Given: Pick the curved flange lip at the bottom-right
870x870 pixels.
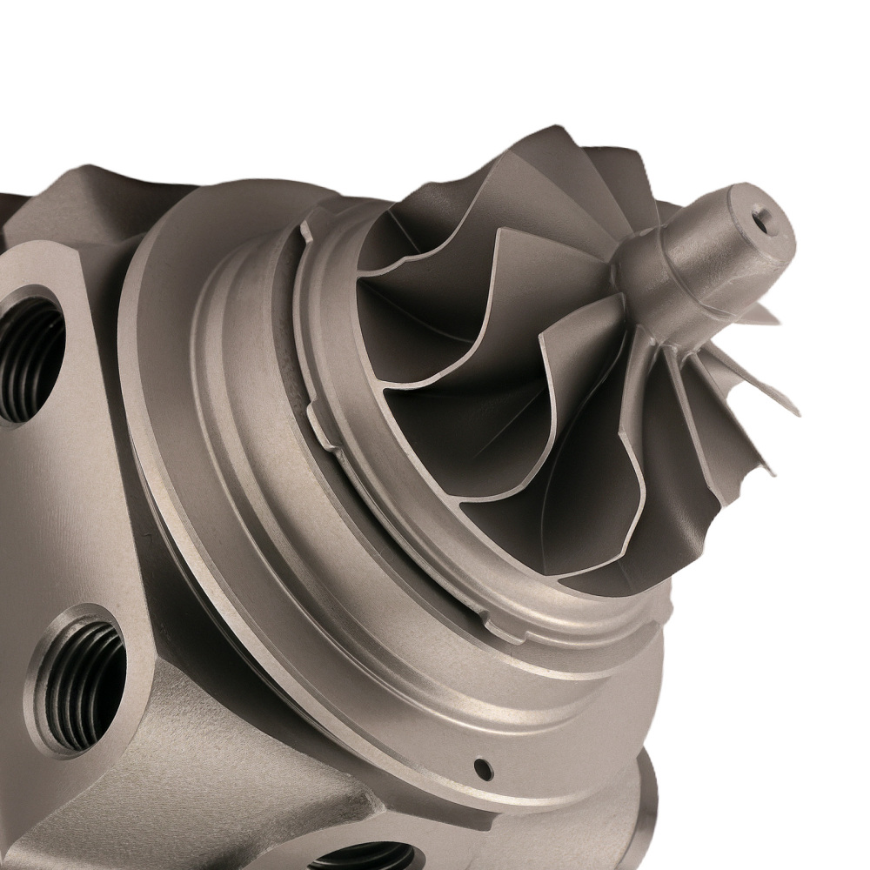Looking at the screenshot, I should click(648, 809).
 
